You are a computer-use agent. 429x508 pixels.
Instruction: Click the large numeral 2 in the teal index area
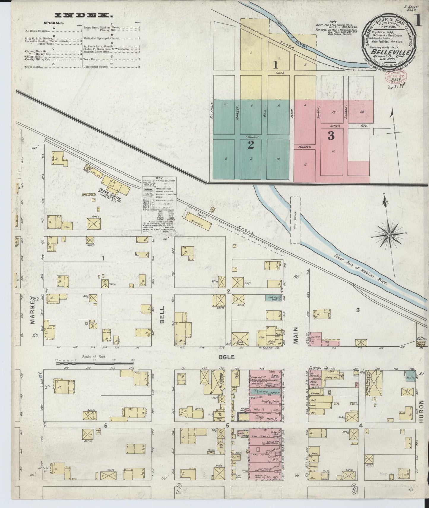251,145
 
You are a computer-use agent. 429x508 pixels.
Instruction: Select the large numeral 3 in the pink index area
331,135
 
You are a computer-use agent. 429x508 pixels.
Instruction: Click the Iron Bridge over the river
295,220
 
